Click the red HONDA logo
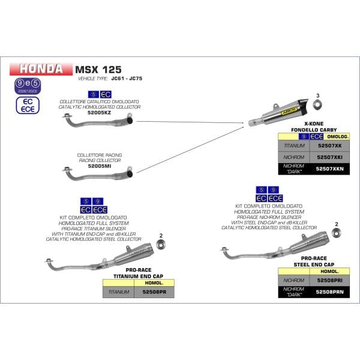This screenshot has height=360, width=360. click(x=40, y=68)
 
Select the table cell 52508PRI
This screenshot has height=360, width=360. click(x=328, y=279)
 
